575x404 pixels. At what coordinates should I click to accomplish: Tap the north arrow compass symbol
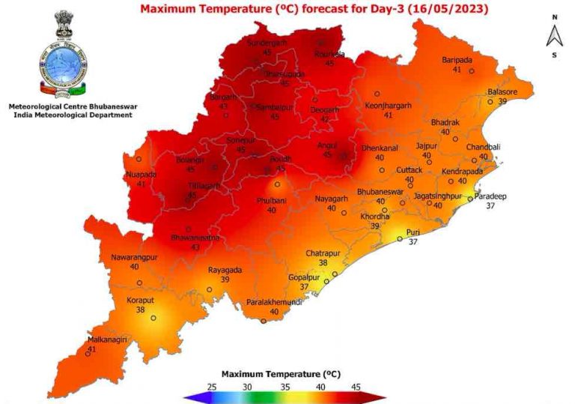click(x=554, y=35)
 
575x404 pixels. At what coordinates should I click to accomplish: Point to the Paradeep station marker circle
click(x=470, y=199)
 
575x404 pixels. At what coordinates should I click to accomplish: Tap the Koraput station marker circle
click(x=153, y=318)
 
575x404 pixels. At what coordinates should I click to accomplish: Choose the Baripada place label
click(x=457, y=59)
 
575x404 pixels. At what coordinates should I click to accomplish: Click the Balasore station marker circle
click(x=490, y=101)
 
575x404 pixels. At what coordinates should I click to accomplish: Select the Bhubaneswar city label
click(x=380, y=192)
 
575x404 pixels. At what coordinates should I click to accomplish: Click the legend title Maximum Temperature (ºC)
click(x=282, y=373)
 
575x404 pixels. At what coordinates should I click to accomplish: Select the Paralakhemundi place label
click(x=275, y=302)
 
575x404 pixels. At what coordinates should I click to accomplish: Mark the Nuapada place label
click(x=141, y=175)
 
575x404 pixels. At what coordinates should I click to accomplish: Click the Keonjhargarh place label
click(x=389, y=106)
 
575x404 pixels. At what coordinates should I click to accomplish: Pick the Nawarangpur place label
click(x=135, y=257)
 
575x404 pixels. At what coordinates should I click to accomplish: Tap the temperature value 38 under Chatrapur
click(x=323, y=263)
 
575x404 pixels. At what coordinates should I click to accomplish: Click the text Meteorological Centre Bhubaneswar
click(x=70, y=106)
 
